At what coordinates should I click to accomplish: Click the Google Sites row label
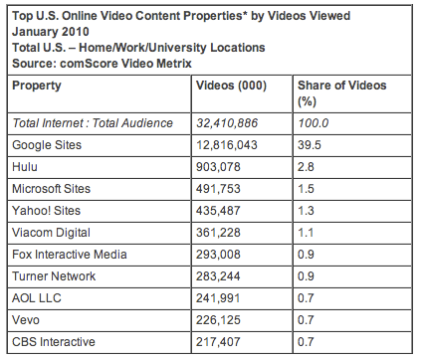(x=46, y=144)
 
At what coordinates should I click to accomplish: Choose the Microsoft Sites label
(x=52, y=188)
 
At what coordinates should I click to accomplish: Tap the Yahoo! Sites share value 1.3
(x=308, y=210)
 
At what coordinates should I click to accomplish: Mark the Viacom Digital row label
(x=52, y=232)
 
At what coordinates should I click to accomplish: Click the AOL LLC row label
(x=38, y=296)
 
